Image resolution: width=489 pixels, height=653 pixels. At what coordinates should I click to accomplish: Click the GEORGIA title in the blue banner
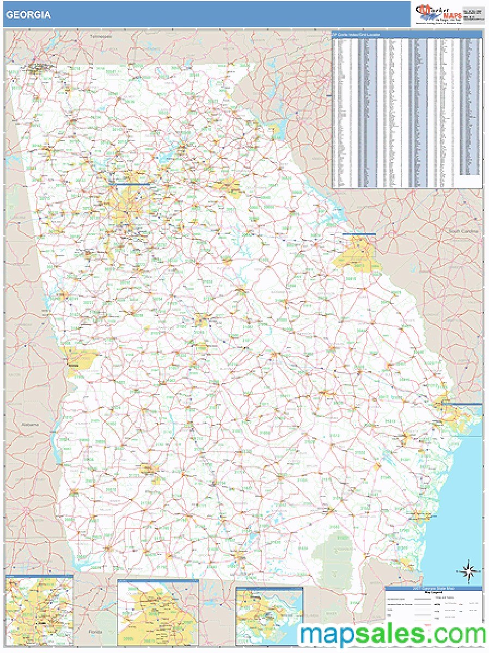point(28,15)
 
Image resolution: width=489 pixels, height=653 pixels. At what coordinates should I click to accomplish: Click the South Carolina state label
point(463,231)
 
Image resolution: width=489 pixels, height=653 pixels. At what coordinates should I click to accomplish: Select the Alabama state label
point(30,424)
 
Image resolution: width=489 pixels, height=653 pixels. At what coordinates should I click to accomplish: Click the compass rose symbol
point(468,571)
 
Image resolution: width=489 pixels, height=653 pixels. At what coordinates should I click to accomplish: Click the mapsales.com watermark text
point(392,634)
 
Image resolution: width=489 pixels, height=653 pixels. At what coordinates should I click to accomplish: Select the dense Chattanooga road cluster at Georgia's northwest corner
point(38,69)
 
